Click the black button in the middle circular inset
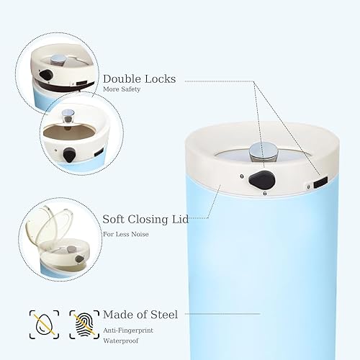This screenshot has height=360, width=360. tap(70, 153)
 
